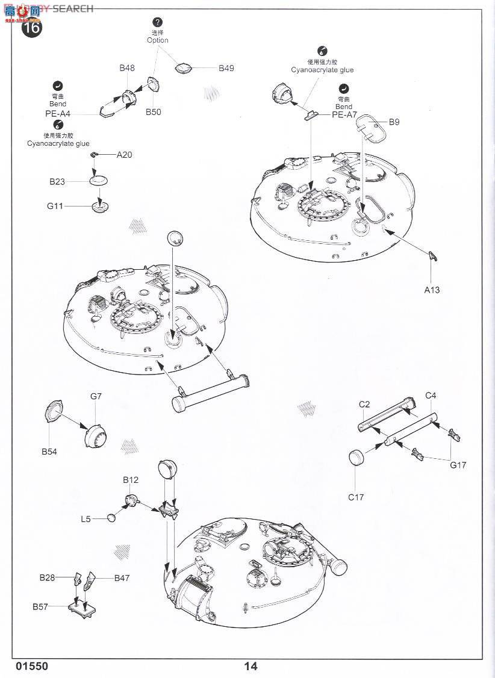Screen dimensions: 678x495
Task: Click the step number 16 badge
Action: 33,28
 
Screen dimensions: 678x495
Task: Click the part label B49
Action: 226,68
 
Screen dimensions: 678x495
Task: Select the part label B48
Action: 126,68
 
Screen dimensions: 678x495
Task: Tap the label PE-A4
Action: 58,113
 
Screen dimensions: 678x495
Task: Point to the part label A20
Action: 124,155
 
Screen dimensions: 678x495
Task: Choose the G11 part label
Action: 55,206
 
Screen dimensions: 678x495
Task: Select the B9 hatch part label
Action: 394,122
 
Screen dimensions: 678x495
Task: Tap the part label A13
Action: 432,290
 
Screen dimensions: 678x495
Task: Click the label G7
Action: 96,396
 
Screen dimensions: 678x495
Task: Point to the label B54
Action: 49,452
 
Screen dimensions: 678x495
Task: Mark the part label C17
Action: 356,497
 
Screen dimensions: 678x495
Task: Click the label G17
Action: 458,465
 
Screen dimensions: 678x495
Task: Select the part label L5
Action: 86,518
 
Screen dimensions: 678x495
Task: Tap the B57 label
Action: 40,606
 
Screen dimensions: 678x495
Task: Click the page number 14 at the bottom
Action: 251,666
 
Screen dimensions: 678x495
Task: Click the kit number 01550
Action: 33,666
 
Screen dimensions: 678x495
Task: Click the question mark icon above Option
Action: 158,22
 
